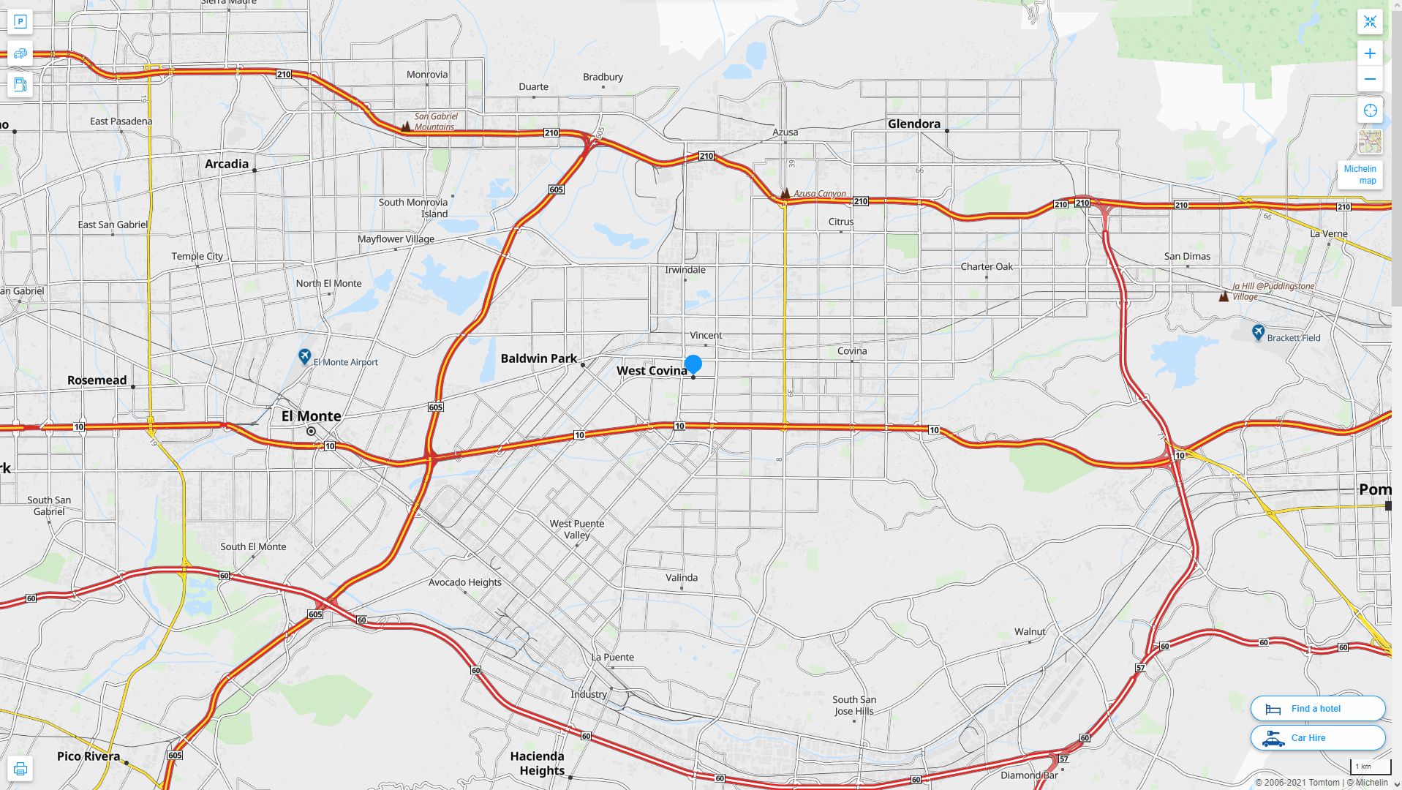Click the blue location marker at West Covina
click(693, 364)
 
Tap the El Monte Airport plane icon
click(305, 356)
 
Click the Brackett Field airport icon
click(1258, 332)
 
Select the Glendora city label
click(913, 124)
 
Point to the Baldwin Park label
click(538, 358)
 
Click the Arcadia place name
click(226, 164)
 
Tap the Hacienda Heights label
click(538, 763)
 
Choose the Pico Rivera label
click(88, 756)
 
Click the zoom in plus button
click(1370, 53)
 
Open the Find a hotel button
click(1317, 708)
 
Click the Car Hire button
click(1317, 737)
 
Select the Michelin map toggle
click(1360, 175)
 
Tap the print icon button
click(20, 769)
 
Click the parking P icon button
click(20, 22)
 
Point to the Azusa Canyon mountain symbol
click(785, 194)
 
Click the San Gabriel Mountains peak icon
click(405, 126)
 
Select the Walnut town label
click(1029, 631)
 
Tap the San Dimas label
click(1186, 256)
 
